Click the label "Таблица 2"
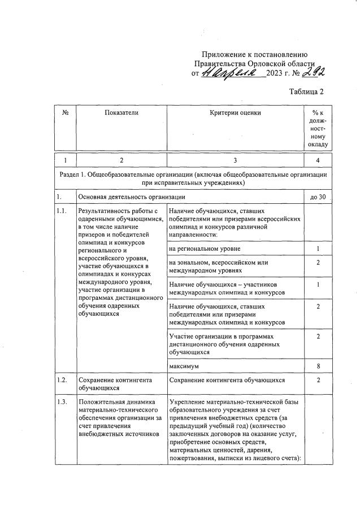pyautogui.click(x=306, y=91)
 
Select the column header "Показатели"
pyautogui.click(x=121, y=113)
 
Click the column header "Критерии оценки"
pyautogui.click(x=235, y=113)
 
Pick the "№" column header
pyautogui.click(x=66, y=113)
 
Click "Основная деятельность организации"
pyautogui.click(x=132, y=197)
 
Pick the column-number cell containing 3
pyautogui.click(x=235, y=161)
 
